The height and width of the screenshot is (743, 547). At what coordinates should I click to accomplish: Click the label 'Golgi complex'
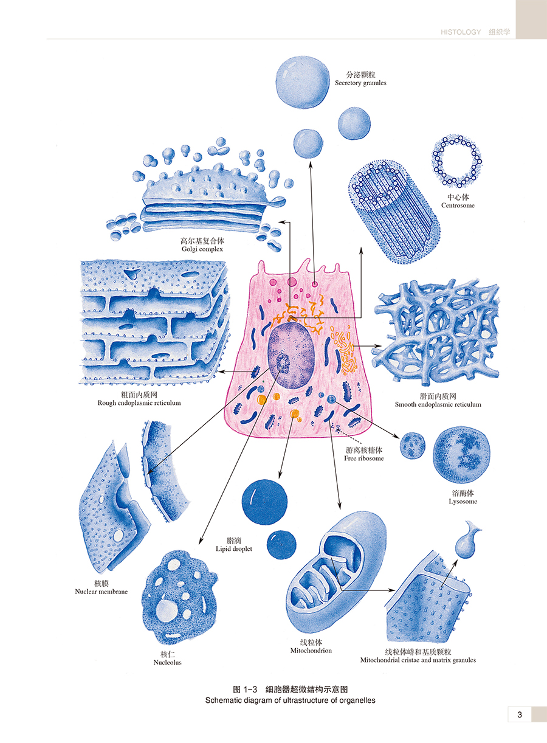(x=202, y=249)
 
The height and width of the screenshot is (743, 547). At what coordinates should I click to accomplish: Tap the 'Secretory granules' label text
(x=360, y=83)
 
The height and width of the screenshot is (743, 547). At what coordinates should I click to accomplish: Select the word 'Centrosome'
(x=458, y=206)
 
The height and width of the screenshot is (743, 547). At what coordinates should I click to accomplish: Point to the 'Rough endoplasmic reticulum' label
(x=139, y=403)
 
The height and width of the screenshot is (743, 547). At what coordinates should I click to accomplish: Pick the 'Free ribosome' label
(x=364, y=458)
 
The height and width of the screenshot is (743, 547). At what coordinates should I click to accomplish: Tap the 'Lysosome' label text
(x=463, y=502)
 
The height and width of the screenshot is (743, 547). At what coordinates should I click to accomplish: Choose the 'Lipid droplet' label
(x=233, y=548)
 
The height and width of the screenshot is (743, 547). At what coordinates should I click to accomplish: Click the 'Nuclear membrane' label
(x=101, y=592)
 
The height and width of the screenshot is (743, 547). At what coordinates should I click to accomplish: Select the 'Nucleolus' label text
(x=167, y=662)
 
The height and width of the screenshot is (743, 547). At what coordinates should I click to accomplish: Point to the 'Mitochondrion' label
(x=311, y=650)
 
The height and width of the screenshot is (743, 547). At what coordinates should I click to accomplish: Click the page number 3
(x=520, y=714)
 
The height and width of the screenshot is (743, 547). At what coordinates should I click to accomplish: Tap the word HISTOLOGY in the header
(x=461, y=32)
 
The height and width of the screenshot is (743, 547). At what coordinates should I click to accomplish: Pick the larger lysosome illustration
(x=461, y=455)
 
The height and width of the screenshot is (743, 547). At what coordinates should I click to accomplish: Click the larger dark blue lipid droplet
(x=264, y=501)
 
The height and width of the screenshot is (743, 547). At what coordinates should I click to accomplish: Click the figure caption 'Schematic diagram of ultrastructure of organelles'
(x=290, y=700)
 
